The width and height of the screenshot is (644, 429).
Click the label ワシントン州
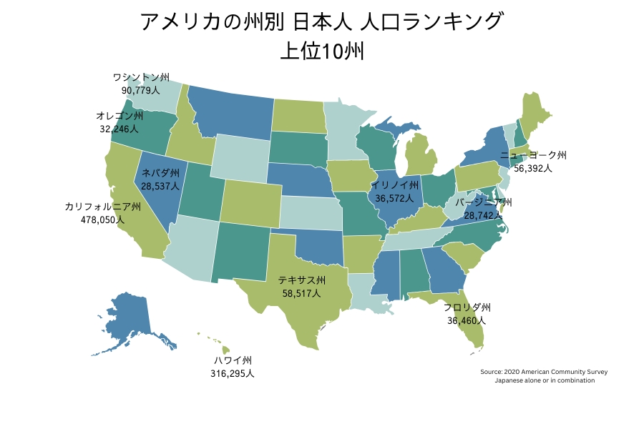pyautogui.click(x=140, y=77)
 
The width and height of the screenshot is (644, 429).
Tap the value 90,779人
pyautogui.click(x=140, y=90)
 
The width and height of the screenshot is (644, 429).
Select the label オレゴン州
pyautogui.click(x=119, y=116)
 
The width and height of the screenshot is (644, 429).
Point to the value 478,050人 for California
pyautogui.click(x=102, y=220)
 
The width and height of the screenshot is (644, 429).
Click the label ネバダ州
pyautogui.click(x=160, y=173)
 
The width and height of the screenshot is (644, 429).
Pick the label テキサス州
pyautogui.click(x=301, y=280)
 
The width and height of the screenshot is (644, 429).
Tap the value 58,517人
pyautogui.click(x=301, y=293)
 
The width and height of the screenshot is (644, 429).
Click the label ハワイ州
pyautogui.click(x=233, y=360)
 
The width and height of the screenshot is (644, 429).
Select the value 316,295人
pyautogui.click(x=233, y=373)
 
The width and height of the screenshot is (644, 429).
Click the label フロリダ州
pyautogui.click(x=467, y=307)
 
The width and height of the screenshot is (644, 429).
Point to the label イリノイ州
pyautogui.click(x=394, y=185)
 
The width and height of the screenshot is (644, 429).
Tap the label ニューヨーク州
pyautogui.click(x=533, y=155)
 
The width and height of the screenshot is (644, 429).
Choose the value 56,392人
pyautogui.click(x=533, y=168)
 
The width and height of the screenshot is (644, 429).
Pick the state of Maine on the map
pyautogui.click(x=536, y=114)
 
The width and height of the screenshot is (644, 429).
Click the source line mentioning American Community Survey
pyautogui.click(x=544, y=372)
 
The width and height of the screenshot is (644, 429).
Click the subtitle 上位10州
pyautogui.click(x=322, y=51)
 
